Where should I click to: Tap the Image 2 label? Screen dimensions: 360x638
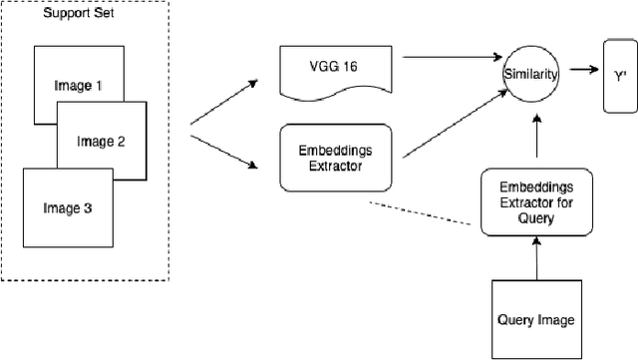point(101,142)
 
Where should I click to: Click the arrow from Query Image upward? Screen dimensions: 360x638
point(535,260)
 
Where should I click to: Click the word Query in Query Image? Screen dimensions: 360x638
point(515,319)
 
